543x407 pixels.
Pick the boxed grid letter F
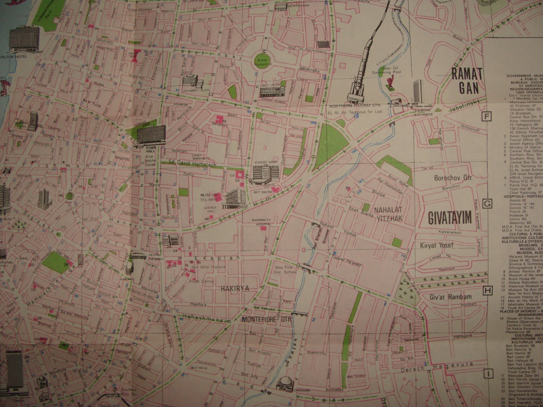tap(487, 117)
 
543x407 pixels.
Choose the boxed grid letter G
tap(487, 203)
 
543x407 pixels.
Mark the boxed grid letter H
tap(487, 290)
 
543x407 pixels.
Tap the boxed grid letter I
tap(487, 374)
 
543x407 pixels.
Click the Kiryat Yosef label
tap(437, 246)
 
